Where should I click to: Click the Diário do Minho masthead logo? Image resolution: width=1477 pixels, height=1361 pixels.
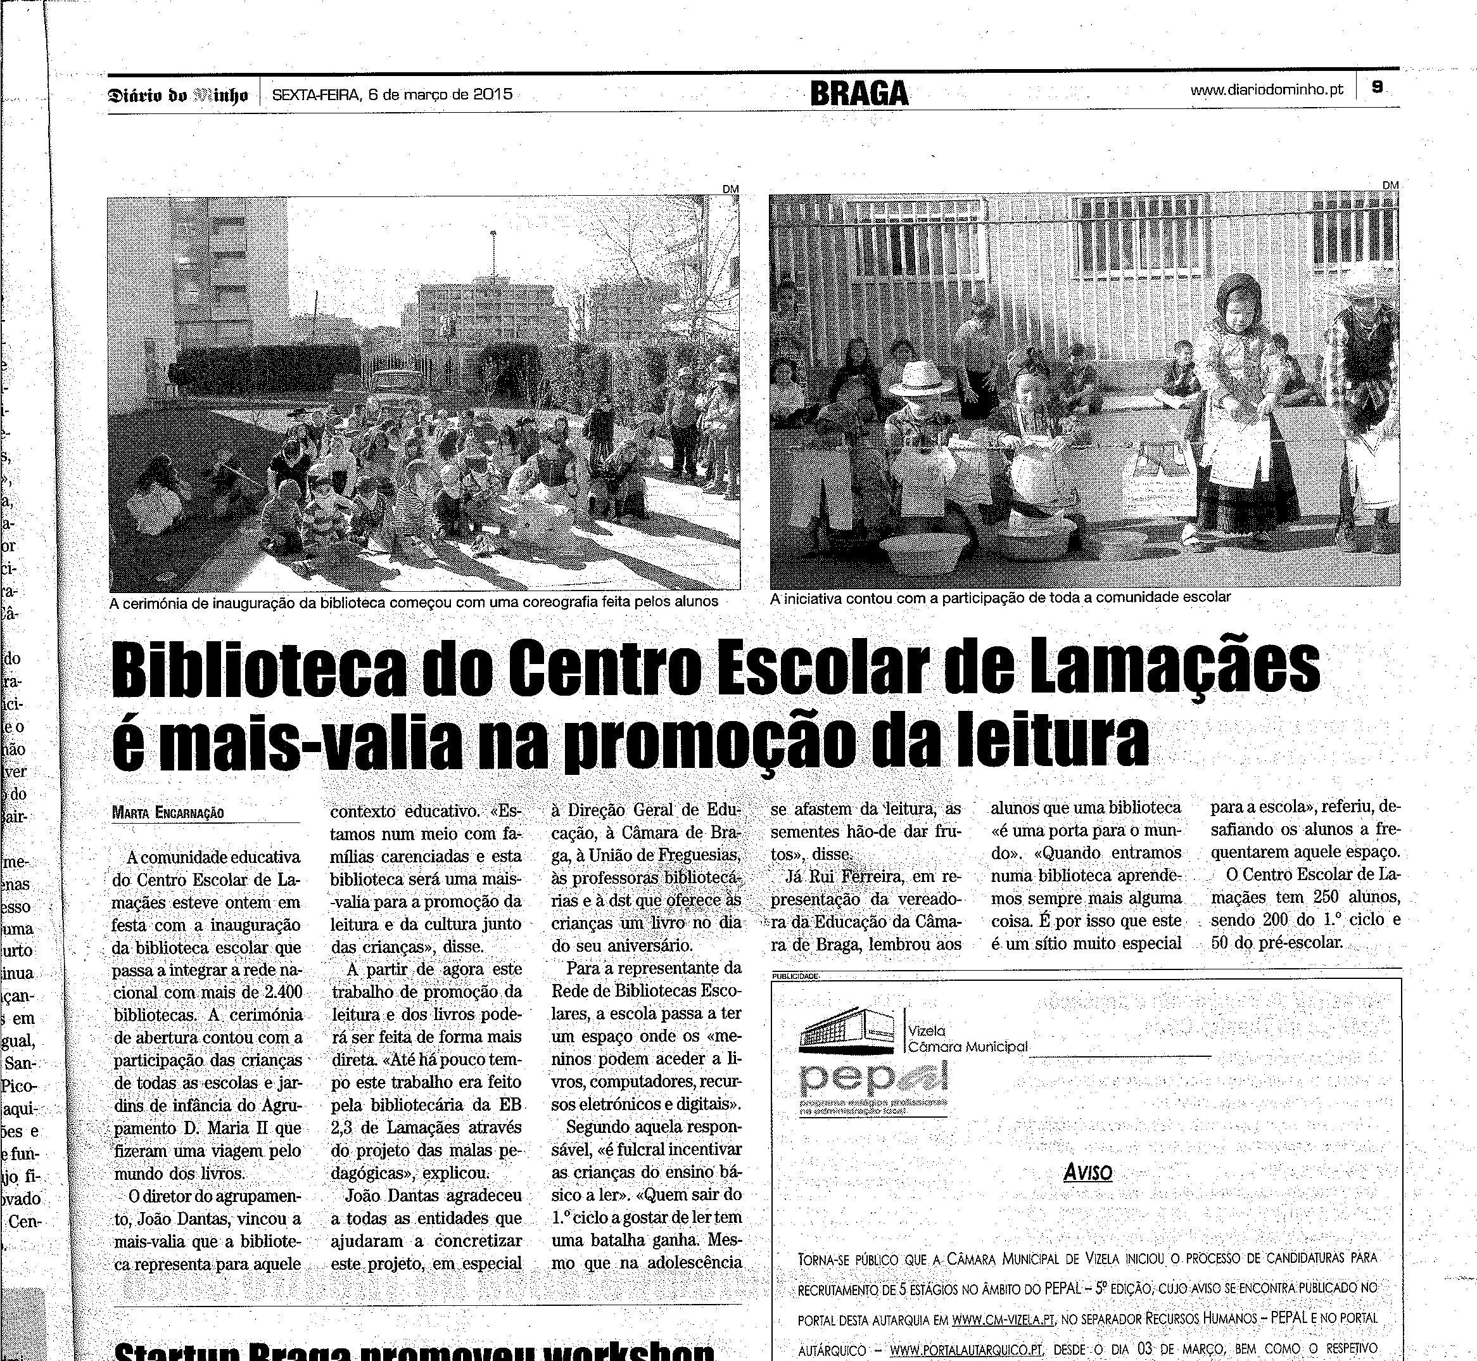177,95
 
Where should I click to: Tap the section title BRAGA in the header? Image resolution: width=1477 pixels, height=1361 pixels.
859,94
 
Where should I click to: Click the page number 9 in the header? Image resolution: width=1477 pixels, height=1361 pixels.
1376,87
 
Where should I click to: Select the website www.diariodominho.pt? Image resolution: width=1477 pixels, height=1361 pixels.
1267,90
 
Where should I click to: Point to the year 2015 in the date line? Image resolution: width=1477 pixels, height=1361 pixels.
493,94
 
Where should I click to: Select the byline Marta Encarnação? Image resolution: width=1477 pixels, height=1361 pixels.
168,813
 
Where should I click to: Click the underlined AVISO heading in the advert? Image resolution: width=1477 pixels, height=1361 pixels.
1087,1172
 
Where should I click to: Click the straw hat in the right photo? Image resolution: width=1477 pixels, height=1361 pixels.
921,378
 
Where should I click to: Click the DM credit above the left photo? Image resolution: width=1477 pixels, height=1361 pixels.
730,189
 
